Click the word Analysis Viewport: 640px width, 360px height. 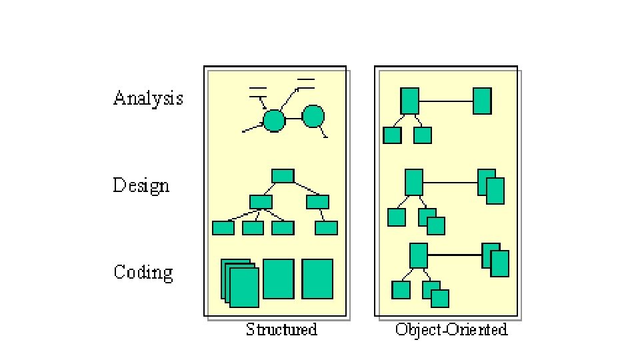pyautogui.click(x=148, y=99)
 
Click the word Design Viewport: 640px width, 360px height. pyautogui.click(x=141, y=185)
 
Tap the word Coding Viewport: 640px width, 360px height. pyautogui.click(x=143, y=272)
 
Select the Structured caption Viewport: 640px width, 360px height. pyautogui.click(x=281, y=329)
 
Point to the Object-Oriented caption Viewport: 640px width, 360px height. pyautogui.click(x=451, y=329)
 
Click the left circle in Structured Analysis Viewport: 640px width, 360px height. pyautogui.click(x=273, y=121)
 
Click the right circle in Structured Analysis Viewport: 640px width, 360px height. pyautogui.click(x=313, y=117)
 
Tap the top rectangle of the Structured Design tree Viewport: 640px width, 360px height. pyautogui.click(x=283, y=175)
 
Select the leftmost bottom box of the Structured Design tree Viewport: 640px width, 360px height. pyautogui.click(x=223, y=228)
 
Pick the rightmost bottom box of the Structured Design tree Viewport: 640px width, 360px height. pyautogui.click(x=326, y=228)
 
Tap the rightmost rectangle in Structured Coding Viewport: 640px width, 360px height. pyautogui.click(x=317, y=279)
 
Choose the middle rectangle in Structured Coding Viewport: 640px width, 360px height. pyautogui.click(x=278, y=279)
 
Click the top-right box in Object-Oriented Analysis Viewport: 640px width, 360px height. pyautogui.click(x=482, y=101)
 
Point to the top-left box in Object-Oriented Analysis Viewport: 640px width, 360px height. pyautogui.click(x=409, y=101)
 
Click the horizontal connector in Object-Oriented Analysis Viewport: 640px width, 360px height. pyautogui.click(x=445, y=101)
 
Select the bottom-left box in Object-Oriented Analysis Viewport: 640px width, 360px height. pyautogui.click(x=392, y=135)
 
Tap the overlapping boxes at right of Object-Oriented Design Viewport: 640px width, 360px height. pyautogui.click(x=491, y=187)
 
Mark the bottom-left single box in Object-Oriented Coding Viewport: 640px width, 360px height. pyautogui.click(x=401, y=290)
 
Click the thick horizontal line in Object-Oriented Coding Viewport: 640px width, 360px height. pyautogui.click(x=454, y=255)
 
